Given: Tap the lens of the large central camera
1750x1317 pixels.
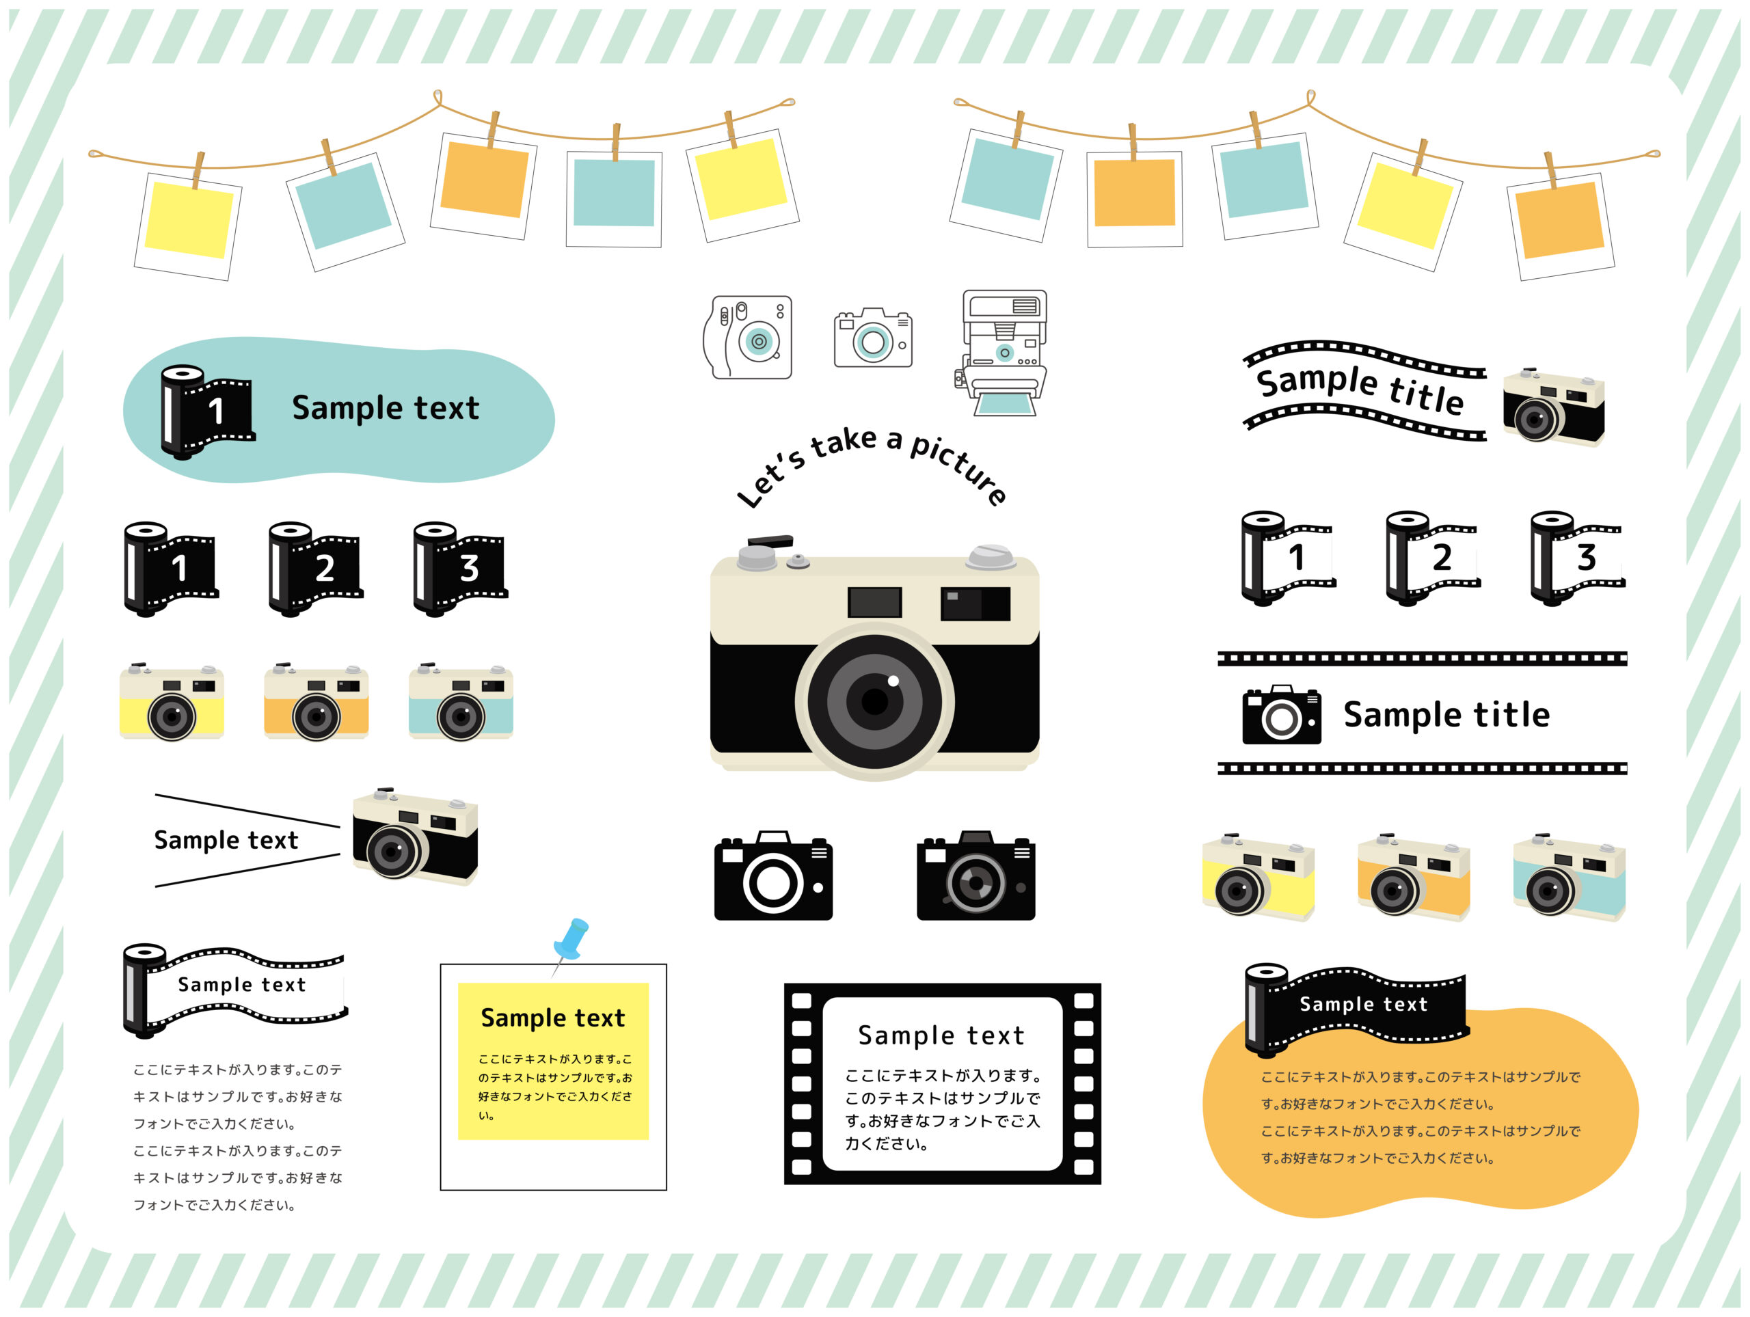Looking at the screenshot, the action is coord(874,701).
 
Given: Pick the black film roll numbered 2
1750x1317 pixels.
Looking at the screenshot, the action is coord(316,569).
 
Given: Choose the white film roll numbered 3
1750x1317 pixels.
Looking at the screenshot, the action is coord(1578,558).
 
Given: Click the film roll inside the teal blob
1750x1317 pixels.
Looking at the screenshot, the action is coord(207,412).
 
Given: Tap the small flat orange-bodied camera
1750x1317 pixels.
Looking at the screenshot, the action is coord(316,702).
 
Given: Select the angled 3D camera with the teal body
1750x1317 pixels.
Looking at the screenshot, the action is coord(1569,876).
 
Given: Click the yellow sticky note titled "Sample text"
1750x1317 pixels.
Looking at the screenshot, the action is coord(553,1061).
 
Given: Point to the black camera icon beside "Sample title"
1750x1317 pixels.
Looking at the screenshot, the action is coord(1282,714).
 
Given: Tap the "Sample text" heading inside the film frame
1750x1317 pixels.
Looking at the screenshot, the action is coord(941,1035).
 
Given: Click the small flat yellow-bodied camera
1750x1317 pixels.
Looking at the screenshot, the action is coord(172,702).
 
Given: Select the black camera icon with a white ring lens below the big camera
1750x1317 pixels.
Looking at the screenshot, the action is coord(773,875).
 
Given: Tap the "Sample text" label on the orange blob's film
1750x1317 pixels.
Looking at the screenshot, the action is coord(1364,1004).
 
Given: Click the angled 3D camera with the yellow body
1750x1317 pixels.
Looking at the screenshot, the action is coord(1258,876).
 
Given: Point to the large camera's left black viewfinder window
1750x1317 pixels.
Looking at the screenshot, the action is coord(874,602).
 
